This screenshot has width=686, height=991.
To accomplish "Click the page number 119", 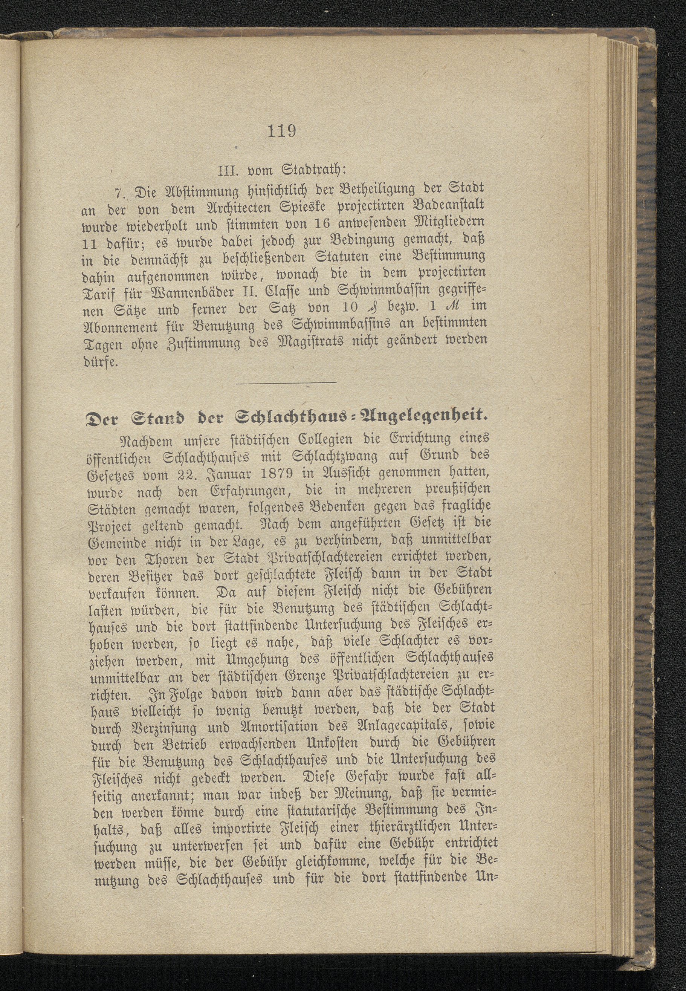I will click(281, 131).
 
